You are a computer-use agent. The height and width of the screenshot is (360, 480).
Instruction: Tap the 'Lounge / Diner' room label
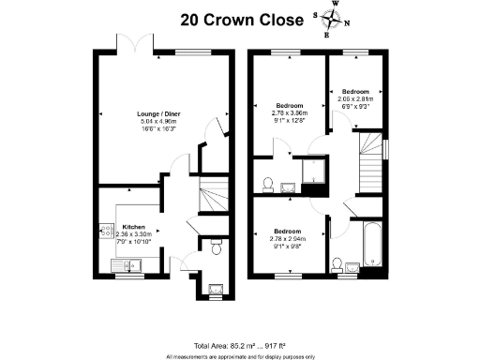pos(157,113)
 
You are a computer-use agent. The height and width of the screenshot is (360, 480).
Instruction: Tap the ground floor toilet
pos(215,247)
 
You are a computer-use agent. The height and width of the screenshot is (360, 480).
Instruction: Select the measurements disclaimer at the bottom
pos(240,355)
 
